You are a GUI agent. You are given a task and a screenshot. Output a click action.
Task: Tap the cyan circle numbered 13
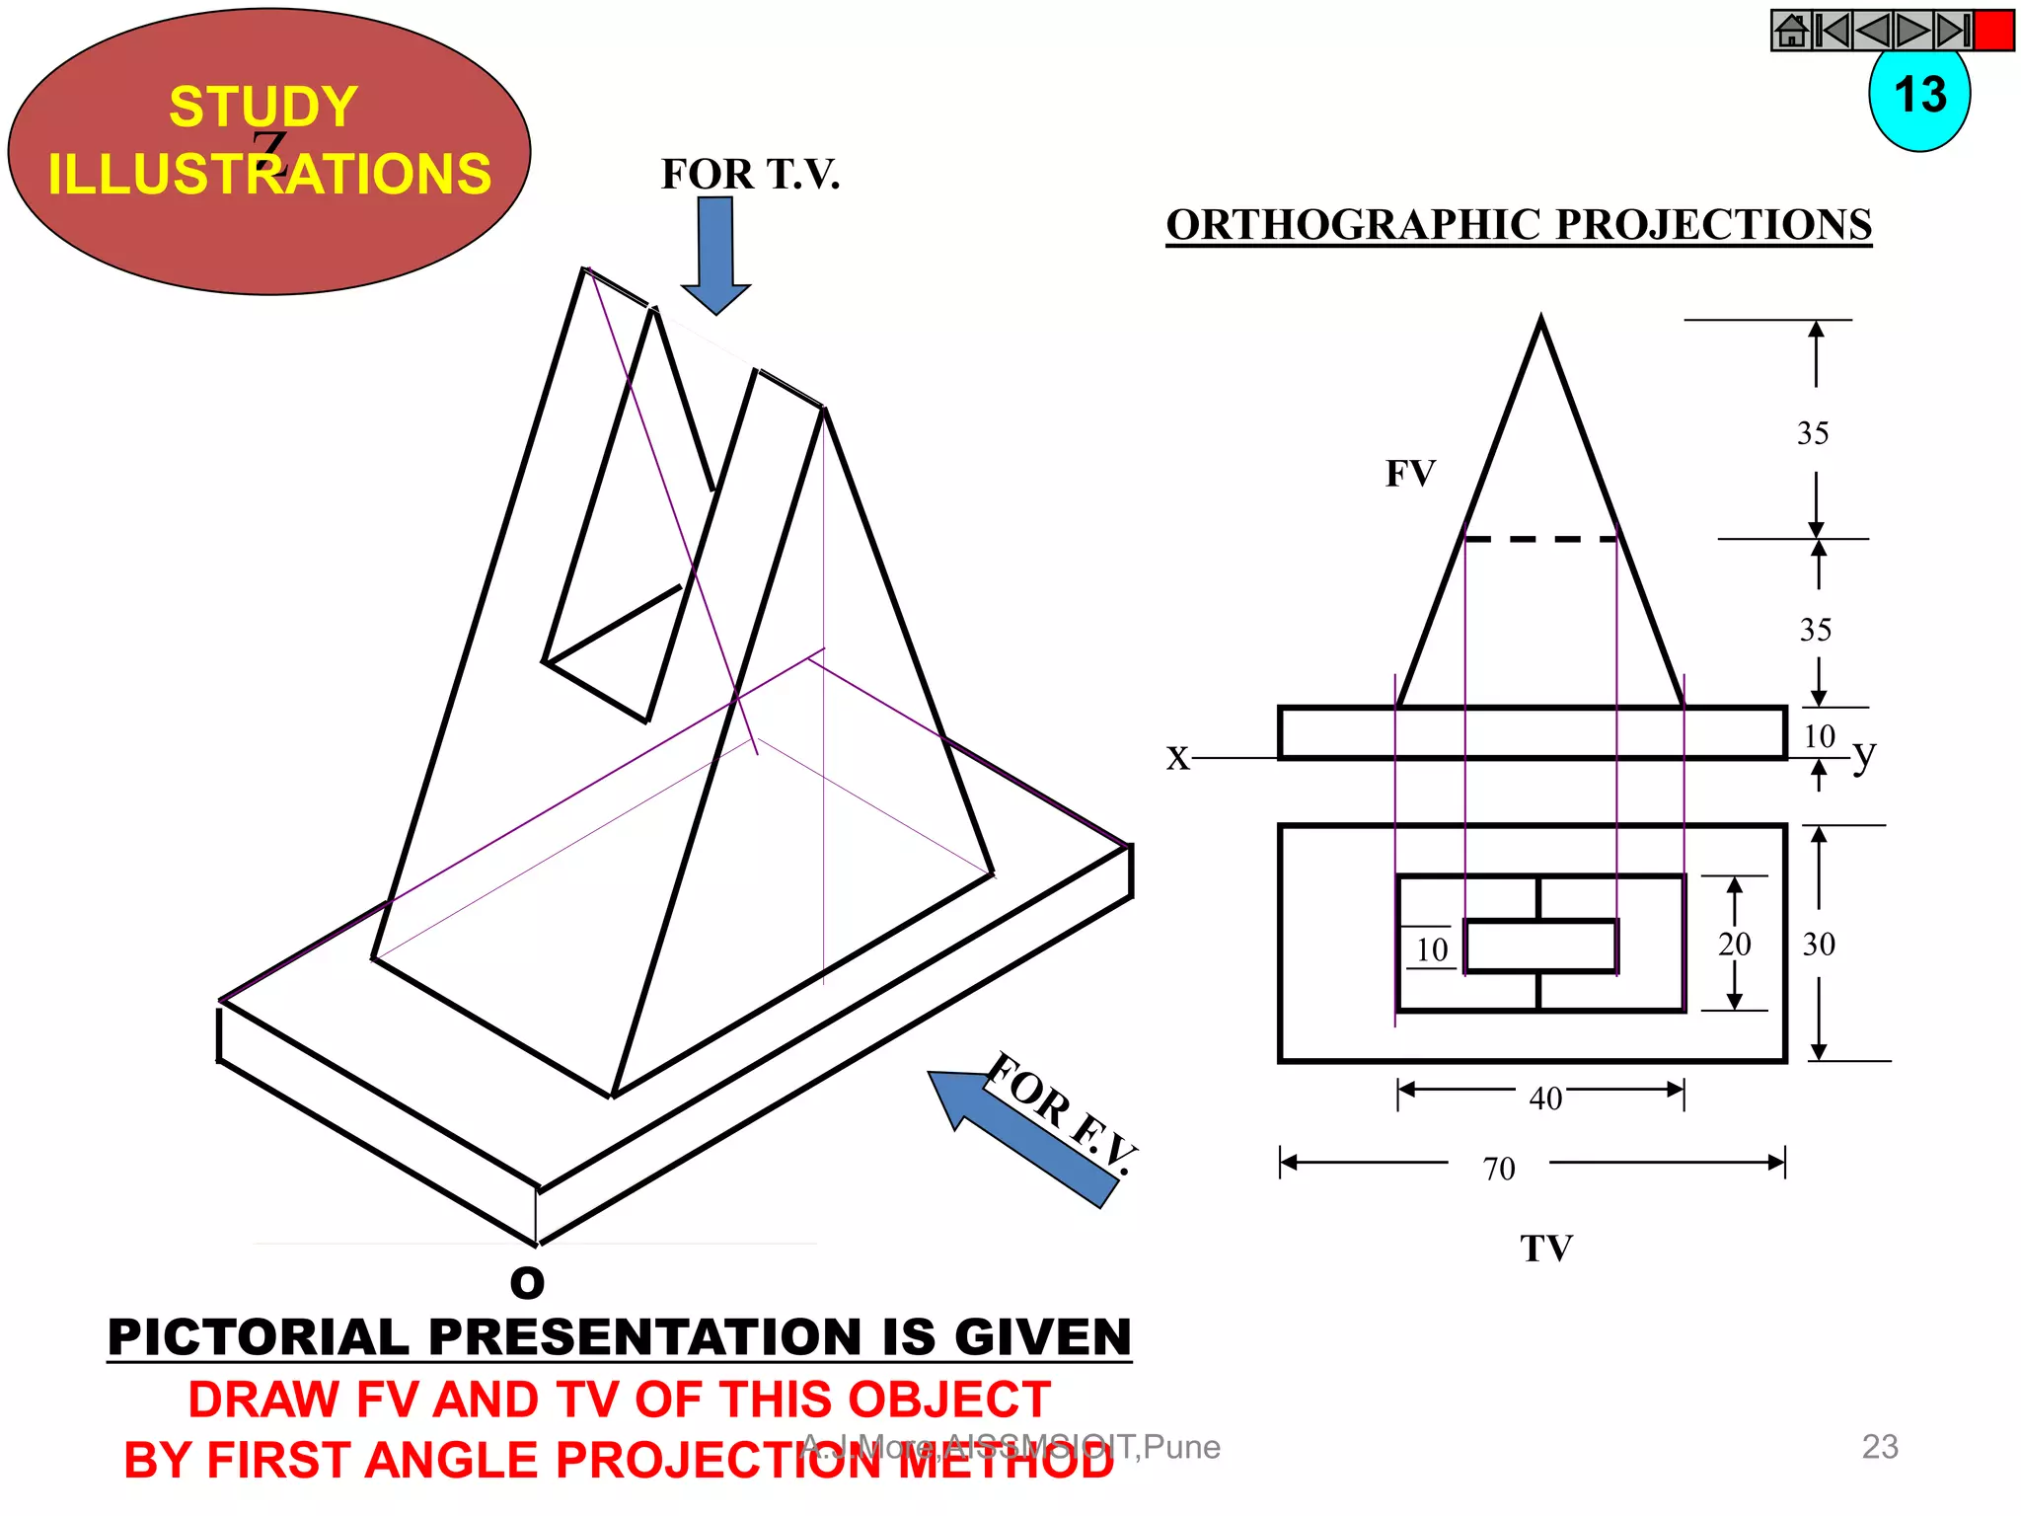pyautogui.click(x=1919, y=99)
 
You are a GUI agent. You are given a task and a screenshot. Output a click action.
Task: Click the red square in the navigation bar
pyautogui.click(x=1993, y=31)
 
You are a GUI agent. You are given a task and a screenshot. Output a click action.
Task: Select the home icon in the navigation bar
pyautogui.click(x=1791, y=31)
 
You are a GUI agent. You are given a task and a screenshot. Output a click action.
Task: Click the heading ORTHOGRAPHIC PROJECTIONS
pyautogui.click(x=1519, y=225)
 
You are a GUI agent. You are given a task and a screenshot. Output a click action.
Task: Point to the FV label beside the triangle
pyautogui.click(x=1410, y=474)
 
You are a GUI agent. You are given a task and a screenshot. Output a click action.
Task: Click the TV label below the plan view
pyautogui.click(x=1545, y=1249)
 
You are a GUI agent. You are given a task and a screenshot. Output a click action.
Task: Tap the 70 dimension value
pyautogui.click(x=1498, y=1169)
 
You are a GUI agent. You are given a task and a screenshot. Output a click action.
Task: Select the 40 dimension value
pyautogui.click(x=1545, y=1098)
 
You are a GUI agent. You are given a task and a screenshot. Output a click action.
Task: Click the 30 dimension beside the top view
pyautogui.click(x=1819, y=945)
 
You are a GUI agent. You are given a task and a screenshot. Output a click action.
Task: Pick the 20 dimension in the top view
pyautogui.click(x=1734, y=945)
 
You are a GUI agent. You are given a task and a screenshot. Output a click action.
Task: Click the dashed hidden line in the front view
pyautogui.click(x=1540, y=539)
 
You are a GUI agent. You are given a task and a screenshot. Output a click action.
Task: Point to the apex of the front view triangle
pyautogui.click(x=1541, y=321)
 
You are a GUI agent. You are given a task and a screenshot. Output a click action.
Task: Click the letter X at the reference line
pyautogui.click(x=1177, y=758)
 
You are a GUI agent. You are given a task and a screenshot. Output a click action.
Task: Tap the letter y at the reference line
pyautogui.click(x=1863, y=756)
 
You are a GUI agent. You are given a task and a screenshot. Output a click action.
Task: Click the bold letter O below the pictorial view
pyautogui.click(x=527, y=1282)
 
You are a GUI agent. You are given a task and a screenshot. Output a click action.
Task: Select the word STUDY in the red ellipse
pyautogui.click(x=262, y=107)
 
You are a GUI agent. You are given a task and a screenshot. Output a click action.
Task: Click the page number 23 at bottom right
pyautogui.click(x=1879, y=1447)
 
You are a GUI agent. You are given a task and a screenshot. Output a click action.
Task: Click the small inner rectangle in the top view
pyautogui.click(x=1540, y=946)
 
